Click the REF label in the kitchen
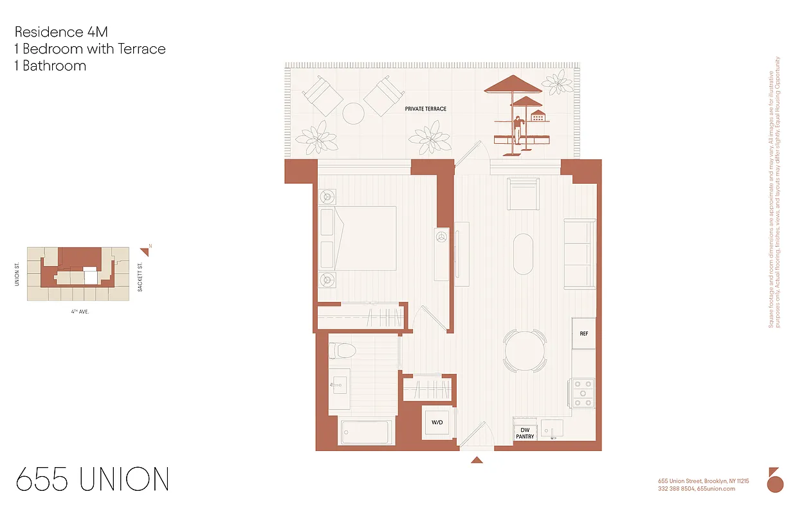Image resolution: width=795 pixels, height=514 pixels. tap(583, 334)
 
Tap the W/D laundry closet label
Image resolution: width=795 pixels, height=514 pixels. tap(437, 423)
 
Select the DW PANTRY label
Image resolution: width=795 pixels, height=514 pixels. tap(525, 433)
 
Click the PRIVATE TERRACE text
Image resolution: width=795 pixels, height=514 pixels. tap(425, 109)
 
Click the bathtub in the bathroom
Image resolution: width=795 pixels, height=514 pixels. tap(365, 431)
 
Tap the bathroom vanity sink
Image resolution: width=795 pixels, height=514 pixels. tap(339, 385)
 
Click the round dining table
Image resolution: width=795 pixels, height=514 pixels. tap(525, 351)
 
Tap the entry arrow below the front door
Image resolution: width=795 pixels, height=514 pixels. tap(477, 459)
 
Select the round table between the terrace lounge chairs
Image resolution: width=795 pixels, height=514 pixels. tap(354, 114)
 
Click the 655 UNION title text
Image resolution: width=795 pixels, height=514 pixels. tap(93, 480)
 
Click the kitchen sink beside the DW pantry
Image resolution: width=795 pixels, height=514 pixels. tap(551, 429)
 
